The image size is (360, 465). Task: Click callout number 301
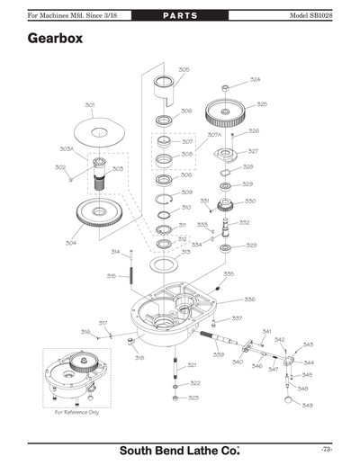tap(90, 105)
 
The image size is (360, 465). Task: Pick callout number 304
tap(70, 242)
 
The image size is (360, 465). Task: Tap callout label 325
tap(262, 104)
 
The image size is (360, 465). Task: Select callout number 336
tap(249, 299)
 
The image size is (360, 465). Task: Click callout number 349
tap(307, 406)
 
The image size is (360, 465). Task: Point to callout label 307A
tap(214, 135)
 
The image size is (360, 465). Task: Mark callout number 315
tap(112, 275)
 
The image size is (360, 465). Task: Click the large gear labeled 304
tap(101, 216)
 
